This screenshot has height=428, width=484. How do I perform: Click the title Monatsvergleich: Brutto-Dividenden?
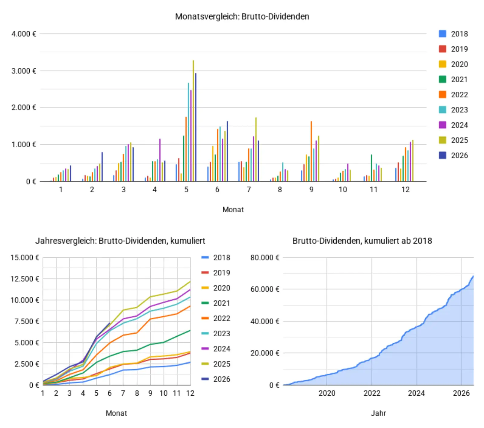point(242,16)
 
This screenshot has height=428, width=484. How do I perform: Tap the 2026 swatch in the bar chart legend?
point(443,155)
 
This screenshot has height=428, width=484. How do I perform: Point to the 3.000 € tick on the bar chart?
point(24,71)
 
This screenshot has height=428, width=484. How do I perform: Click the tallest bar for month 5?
point(193,121)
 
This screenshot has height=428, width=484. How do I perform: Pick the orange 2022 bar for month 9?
point(311,151)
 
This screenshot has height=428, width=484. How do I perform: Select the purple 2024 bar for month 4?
point(160,160)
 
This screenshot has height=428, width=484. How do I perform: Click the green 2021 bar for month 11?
point(371,168)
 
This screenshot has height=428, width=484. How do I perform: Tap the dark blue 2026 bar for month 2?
point(102,167)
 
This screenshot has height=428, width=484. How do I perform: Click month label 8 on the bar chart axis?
point(280,190)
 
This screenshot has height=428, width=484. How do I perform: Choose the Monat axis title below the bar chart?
point(233,210)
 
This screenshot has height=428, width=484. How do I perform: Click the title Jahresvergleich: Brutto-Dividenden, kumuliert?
point(120,241)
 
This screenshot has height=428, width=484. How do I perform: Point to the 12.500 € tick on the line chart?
point(25,279)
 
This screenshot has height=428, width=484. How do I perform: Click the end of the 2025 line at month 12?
point(190,282)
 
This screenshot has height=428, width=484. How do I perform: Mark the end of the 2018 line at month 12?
point(190,362)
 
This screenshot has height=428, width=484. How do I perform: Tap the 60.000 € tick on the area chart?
point(265,289)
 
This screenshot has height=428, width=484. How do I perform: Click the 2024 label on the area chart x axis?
point(416,393)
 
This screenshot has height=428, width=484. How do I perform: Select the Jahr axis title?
point(378,413)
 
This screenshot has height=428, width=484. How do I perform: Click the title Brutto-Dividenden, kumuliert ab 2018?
point(362,241)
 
